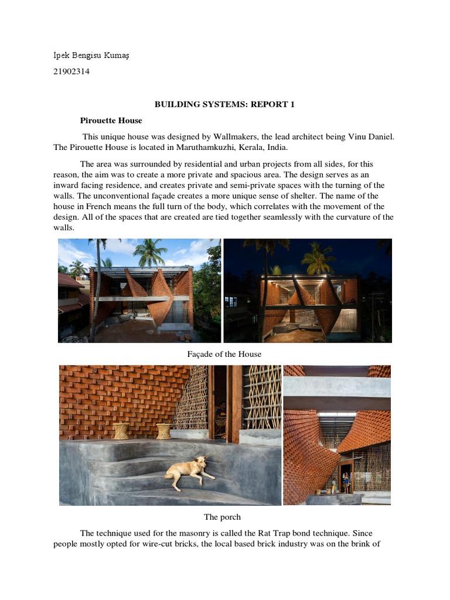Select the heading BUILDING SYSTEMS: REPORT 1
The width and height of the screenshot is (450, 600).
[x=224, y=104]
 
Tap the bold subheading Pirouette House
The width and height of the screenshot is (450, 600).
[x=111, y=120]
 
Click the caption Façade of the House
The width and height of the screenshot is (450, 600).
[x=224, y=354]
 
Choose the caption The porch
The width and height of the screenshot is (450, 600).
[x=222, y=517]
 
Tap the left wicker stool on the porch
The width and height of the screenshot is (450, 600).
[x=121, y=431]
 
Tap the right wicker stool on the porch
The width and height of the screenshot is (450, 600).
[x=163, y=431]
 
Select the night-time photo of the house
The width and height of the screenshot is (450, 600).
[x=308, y=290]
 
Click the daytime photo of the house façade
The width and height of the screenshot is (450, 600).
[x=139, y=290]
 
